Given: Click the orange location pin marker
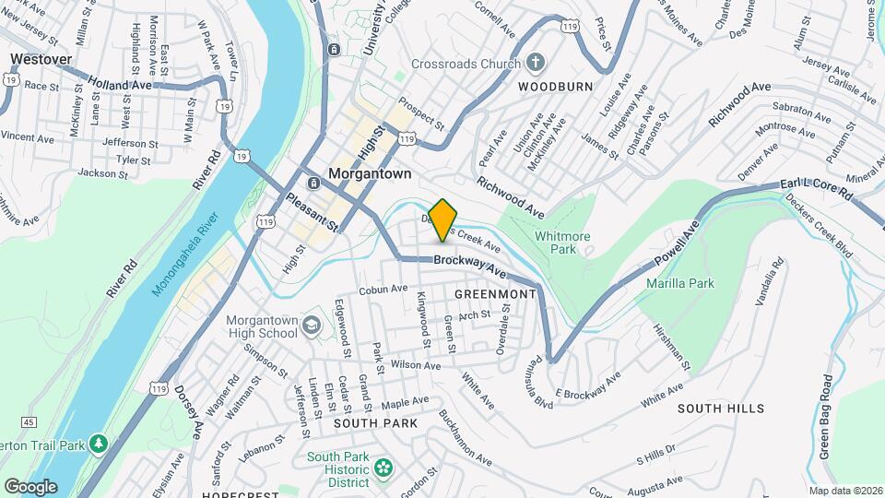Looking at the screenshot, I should (x=442, y=219).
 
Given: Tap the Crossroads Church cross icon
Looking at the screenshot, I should (x=536, y=63).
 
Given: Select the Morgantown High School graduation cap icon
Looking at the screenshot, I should (x=312, y=325).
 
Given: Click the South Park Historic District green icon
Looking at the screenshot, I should (x=383, y=469).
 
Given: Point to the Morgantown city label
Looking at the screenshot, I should (x=371, y=173).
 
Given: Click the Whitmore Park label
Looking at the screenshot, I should (x=562, y=243).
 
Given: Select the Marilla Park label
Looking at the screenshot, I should (x=680, y=283).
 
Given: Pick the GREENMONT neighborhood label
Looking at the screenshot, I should (x=495, y=293).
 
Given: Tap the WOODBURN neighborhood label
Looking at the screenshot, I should (x=553, y=86).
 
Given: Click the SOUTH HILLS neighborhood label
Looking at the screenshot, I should (x=721, y=408).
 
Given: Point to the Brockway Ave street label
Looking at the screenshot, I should (x=471, y=268).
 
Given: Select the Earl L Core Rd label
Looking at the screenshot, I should (x=816, y=189).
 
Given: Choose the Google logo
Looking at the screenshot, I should (x=29, y=487).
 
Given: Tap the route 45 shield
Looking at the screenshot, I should (x=29, y=422).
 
